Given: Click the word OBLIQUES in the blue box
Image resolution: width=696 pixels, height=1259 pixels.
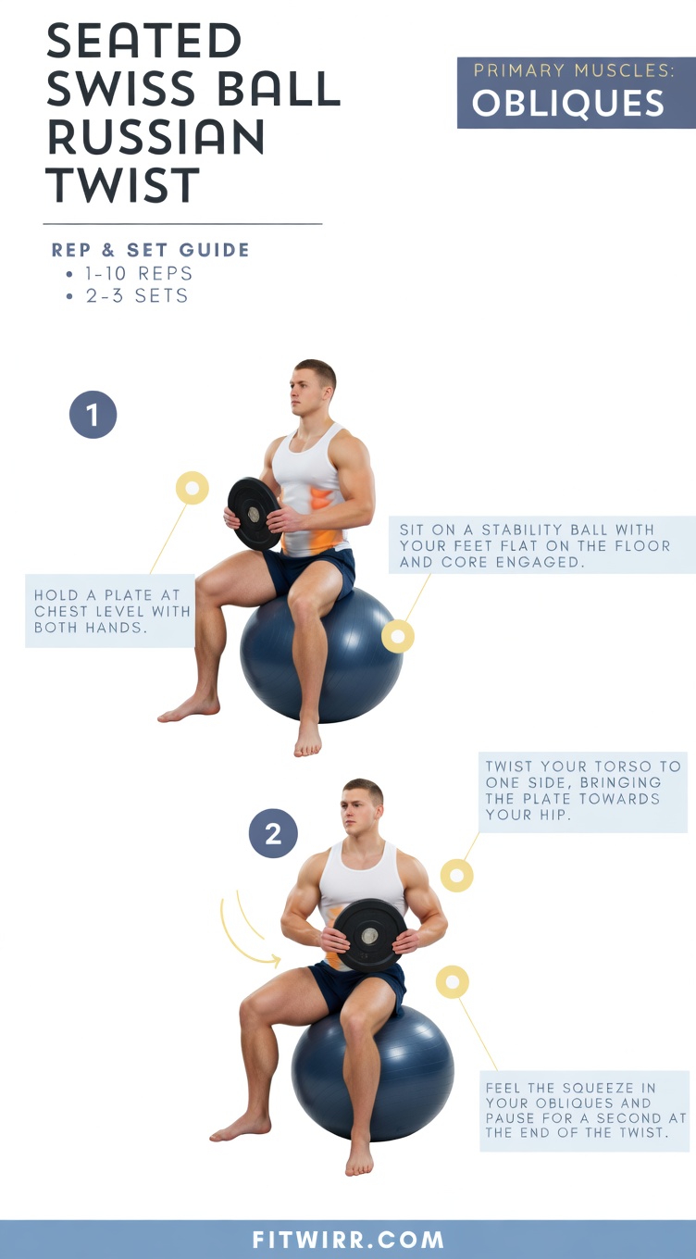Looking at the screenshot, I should [568, 104].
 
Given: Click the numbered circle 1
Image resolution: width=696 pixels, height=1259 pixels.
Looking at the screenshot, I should [93, 416].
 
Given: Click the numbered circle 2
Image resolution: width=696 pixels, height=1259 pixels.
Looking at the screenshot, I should [273, 834].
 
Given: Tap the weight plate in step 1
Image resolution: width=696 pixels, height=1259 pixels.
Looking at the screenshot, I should [253, 513].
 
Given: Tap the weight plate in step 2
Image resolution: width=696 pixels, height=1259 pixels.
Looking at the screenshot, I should [369, 934].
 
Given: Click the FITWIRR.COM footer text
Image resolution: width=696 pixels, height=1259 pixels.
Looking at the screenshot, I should [348, 1240].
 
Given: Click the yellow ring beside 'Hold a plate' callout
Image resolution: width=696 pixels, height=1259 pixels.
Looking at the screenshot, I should [193, 488].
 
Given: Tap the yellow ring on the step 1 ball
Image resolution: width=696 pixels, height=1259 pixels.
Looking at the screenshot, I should [398, 636].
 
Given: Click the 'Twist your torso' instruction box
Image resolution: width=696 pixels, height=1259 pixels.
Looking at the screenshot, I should [583, 792].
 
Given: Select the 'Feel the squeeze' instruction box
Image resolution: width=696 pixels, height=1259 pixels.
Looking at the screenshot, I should [585, 1110].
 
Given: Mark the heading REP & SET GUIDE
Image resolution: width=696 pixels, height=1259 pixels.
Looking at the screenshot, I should [151, 250].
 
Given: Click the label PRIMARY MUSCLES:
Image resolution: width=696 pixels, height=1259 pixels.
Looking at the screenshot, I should [574, 70].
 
